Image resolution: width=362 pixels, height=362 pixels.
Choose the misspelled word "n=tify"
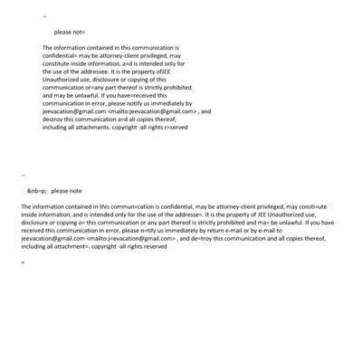[148, 230]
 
